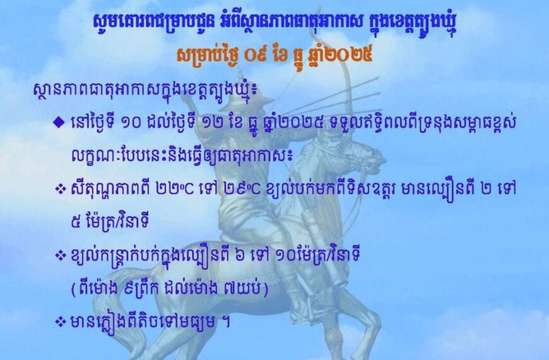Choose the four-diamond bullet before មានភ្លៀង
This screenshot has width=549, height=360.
point(60,321)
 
